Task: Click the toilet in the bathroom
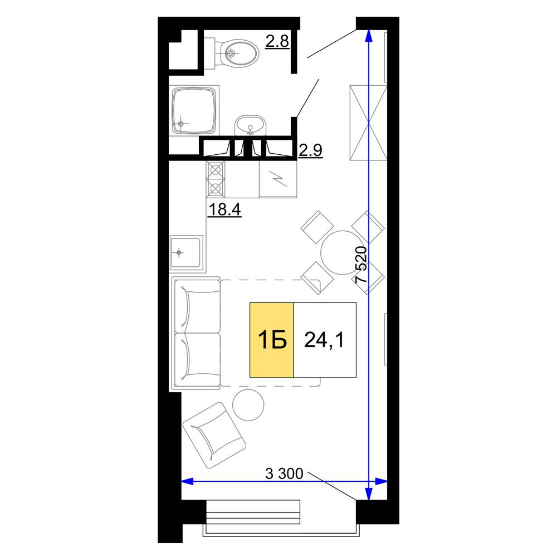pyautogui.click(x=236, y=53)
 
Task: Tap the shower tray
pyautogui.click(x=194, y=110)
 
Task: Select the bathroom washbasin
pyautogui.click(x=250, y=125)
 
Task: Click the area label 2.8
pyautogui.click(x=277, y=41)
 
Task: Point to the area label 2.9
pyautogui.click(x=310, y=150)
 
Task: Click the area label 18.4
pyautogui.click(x=224, y=209)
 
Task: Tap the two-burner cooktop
pyautogui.click(x=215, y=179)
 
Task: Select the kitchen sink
pyautogui.click(x=187, y=253)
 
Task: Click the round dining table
pyautogui.click(x=343, y=252)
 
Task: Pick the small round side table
pyautogui.click(x=248, y=405)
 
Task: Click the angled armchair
pyautogui.click(x=214, y=435)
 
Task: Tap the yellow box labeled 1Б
pyautogui.click(x=272, y=340)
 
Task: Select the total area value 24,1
pyautogui.click(x=324, y=340)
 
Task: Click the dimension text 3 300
pyautogui.click(x=284, y=473)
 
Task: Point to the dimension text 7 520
pyautogui.click(x=361, y=264)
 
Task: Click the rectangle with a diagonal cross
pyautogui.click(x=368, y=123)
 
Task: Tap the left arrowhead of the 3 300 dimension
pyautogui.click(x=187, y=482)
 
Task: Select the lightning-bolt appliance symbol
pyautogui.click(x=278, y=179)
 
